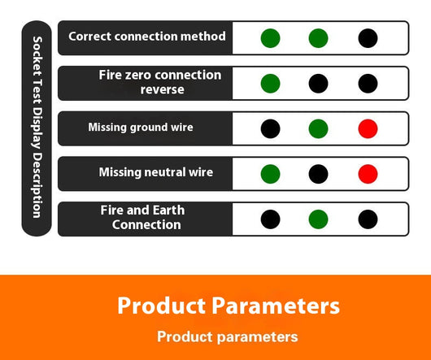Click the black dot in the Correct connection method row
[368, 38]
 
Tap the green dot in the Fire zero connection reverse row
[271, 84]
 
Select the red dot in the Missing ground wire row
[368, 128]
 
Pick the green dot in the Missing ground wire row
[318, 128]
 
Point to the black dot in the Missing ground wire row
[271, 128]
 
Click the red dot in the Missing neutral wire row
[368, 174]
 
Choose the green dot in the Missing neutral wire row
[271, 174]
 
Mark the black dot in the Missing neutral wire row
[318, 174]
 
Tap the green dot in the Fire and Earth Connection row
[318, 219]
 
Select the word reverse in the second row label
[162, 89]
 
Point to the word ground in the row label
[146, 128]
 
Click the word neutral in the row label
[164, 172]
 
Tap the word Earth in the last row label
[168, 210]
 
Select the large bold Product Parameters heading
[229, 306]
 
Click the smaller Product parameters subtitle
[228, 336]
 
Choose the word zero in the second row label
[137, 75]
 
